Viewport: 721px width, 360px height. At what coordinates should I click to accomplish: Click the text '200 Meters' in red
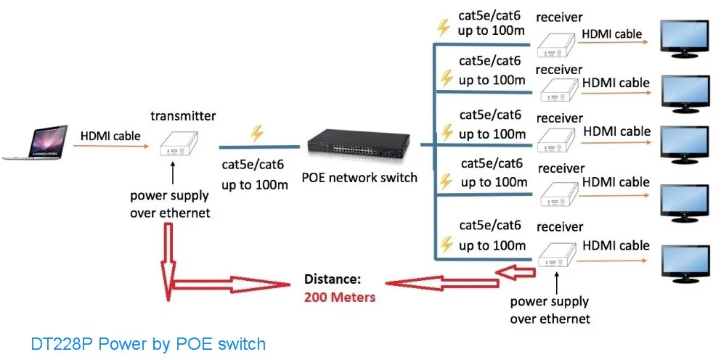click(339, 297)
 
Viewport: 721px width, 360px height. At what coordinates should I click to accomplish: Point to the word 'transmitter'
click(183, 116)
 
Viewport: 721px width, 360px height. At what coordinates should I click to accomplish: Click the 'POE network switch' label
click(359, 178)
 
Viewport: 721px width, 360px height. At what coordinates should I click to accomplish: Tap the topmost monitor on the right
click(684, 38)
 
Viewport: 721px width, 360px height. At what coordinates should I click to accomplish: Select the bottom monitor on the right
click(684, 264)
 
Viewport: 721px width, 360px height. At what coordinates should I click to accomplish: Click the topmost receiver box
click(556, 46)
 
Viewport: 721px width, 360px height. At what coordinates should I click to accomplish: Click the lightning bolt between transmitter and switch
click(256, 134)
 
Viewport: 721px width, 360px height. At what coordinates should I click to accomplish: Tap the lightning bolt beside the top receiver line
click(443, 28)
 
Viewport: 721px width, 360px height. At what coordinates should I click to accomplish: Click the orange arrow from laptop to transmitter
click(111, 146)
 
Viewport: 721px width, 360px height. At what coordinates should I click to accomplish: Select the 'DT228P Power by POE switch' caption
click(148, 344)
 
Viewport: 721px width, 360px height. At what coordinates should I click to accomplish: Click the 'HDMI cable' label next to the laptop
click(110, 136)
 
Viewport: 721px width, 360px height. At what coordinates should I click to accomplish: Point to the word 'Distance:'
click(333, 279)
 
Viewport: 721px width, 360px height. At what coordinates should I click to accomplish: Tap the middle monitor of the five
click(684, 144)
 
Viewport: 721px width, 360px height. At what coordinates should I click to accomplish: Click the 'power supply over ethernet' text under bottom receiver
click(550, 310)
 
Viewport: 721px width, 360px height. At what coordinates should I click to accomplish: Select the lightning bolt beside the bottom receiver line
click(446, 245)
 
